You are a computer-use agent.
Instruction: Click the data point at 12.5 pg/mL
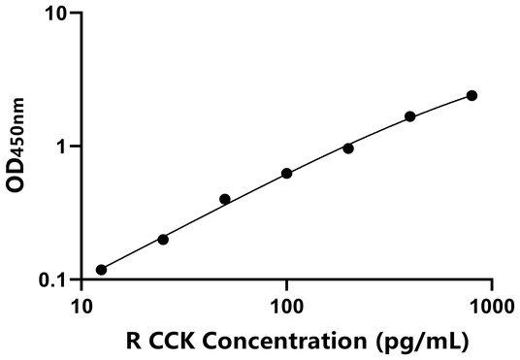click(101, 270)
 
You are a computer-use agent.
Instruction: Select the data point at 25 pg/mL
click(163, 239)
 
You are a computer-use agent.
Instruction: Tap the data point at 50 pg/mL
click(225, 199)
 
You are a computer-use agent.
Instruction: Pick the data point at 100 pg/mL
click(286, 174)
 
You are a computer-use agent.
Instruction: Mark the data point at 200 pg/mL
click(348, 148)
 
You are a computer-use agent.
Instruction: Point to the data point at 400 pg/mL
click(410, 116)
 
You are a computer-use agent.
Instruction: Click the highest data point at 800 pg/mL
click(471, 95)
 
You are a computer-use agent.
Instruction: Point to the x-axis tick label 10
click(81, 306)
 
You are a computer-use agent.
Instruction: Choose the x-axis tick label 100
click(286, 306)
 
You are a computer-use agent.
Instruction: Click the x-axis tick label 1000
click(492, 306)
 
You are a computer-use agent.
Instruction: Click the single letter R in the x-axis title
click(133, 341)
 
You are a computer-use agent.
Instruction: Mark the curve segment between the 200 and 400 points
click(379, 132)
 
